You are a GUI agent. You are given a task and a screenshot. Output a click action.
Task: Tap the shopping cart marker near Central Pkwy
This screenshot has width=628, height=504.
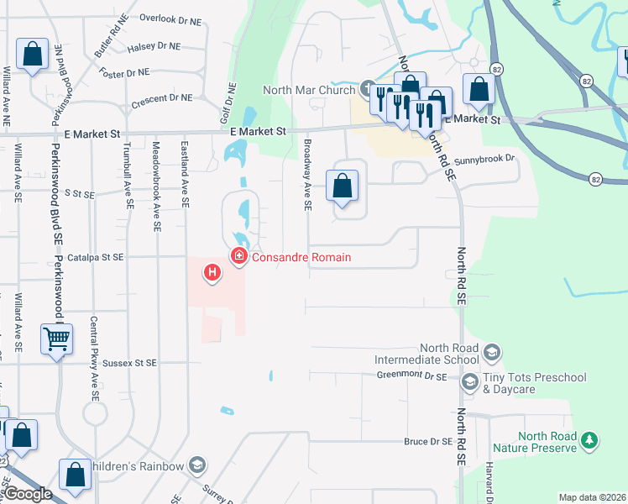tap(56, 340)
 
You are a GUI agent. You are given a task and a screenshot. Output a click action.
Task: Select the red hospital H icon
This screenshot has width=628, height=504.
tap(212, 272)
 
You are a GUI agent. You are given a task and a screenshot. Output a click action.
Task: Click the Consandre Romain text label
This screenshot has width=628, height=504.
tap(301, 257)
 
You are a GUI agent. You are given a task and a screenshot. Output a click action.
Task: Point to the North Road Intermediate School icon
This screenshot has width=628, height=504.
tap(492, 351)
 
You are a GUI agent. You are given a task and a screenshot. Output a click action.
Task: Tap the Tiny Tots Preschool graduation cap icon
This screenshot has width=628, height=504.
tap(470, 383)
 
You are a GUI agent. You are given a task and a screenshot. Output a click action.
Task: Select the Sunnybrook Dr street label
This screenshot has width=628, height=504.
tap(483, 159)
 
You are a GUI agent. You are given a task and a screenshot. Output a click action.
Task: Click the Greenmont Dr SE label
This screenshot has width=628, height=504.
tap(411, 377)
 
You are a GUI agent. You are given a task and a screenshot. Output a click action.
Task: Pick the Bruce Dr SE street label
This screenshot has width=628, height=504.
tap(428, 440)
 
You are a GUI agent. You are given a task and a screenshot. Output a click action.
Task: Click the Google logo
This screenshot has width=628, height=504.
tap(27, 494)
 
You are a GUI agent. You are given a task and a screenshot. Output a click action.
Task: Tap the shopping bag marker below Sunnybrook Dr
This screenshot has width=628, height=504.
tap(343, 186)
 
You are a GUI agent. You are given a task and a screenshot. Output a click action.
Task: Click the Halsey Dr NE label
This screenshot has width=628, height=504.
tap(154, 48)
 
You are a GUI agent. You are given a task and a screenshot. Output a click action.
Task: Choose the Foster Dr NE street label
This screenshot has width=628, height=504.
tap(123, 73)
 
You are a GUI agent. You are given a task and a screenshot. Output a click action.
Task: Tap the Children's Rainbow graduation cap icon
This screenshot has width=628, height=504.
tap(197, 465)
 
